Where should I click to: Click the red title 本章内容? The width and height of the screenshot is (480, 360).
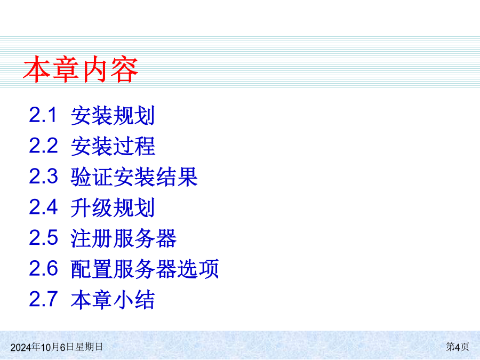[x=81, y=69]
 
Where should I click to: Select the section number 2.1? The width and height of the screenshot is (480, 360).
[x=43, y=115]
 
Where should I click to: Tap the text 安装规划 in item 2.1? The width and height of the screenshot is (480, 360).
[x=113, y=116]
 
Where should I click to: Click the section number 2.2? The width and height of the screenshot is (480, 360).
[x=43, y=146]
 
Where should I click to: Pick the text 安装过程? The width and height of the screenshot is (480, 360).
[x=113, y=146]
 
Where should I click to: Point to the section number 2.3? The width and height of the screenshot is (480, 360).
[x=43, y=177]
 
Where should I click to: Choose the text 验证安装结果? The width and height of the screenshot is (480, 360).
[x=134, y=177]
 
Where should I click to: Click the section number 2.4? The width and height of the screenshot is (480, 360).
[x=43, y=207]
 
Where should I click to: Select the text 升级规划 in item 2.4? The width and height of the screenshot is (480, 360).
[x=113, y=207]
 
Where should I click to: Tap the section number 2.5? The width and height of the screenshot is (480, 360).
[x=43, y=237]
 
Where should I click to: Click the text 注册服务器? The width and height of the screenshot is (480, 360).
[x=124, y=238]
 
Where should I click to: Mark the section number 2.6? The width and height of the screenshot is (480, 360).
[x=43, y=268]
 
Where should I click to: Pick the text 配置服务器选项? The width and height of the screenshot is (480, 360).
[x=145, y=269]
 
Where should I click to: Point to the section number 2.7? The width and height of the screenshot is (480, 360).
[x=43, y=299]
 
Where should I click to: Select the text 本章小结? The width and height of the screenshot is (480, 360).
[x=113, y=299]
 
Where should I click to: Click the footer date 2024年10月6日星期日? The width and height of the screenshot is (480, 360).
[x=57, y=347]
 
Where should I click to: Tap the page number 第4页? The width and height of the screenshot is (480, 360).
[x=458, y=347]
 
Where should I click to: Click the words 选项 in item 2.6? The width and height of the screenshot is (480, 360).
[x=198, y=269]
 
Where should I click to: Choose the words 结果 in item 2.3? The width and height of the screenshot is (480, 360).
[x=177, y=177]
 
